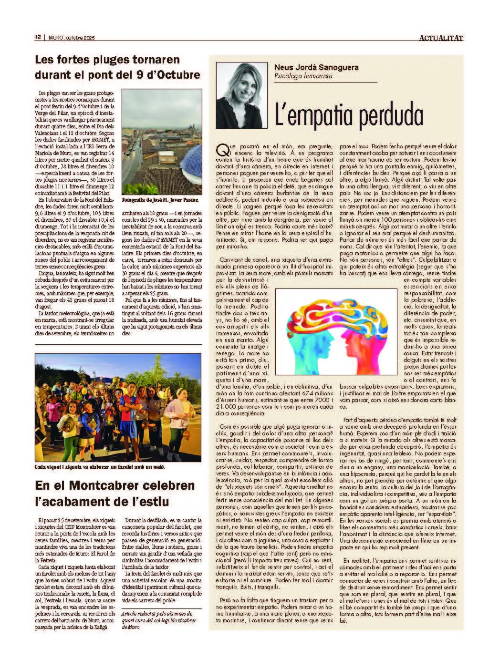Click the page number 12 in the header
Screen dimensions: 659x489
pos(38,38)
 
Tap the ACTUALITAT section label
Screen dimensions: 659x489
pos(441,38)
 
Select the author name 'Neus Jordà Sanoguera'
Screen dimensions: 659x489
pos(316,67)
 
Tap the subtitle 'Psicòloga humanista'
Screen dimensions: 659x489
pos(303,76)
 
